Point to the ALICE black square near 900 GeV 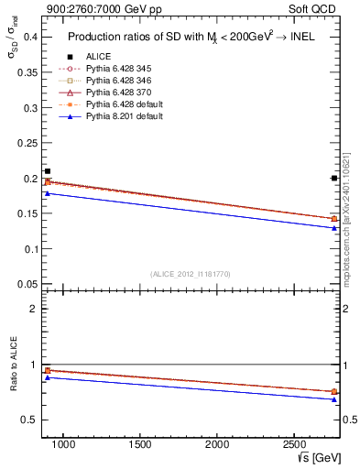48,171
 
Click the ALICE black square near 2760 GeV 333,178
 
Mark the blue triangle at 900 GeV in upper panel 48,193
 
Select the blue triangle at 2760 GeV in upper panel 333,227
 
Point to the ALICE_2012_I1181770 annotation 190,274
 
